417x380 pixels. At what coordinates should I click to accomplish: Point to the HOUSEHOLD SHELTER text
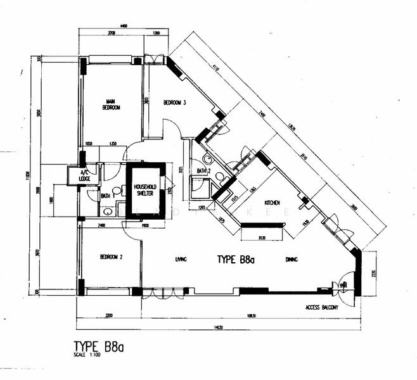[145, 190]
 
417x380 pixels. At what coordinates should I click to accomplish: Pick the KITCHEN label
[273, 202]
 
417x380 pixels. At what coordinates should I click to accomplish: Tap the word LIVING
[181, 259]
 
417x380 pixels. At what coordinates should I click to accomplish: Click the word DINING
[292, 259]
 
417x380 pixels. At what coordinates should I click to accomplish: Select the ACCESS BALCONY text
[321, 308]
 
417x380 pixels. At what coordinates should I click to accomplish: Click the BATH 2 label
[203, 171]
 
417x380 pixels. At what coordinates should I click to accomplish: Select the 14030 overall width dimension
[219, 327]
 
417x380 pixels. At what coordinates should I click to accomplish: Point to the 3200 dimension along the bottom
[108, 315]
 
